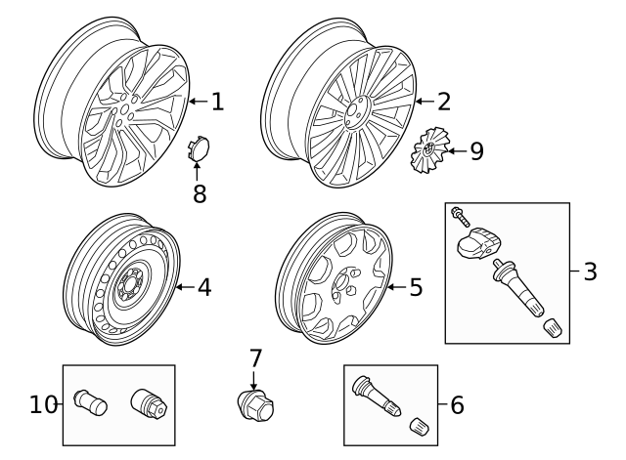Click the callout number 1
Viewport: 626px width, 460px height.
[217, 101]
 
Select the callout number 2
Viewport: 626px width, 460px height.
[444, 101]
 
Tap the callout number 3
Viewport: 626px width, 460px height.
[590, 272]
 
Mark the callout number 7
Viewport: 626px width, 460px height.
[255, 358]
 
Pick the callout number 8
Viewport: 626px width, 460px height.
[200, 193]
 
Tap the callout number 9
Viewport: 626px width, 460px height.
[476, 150]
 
